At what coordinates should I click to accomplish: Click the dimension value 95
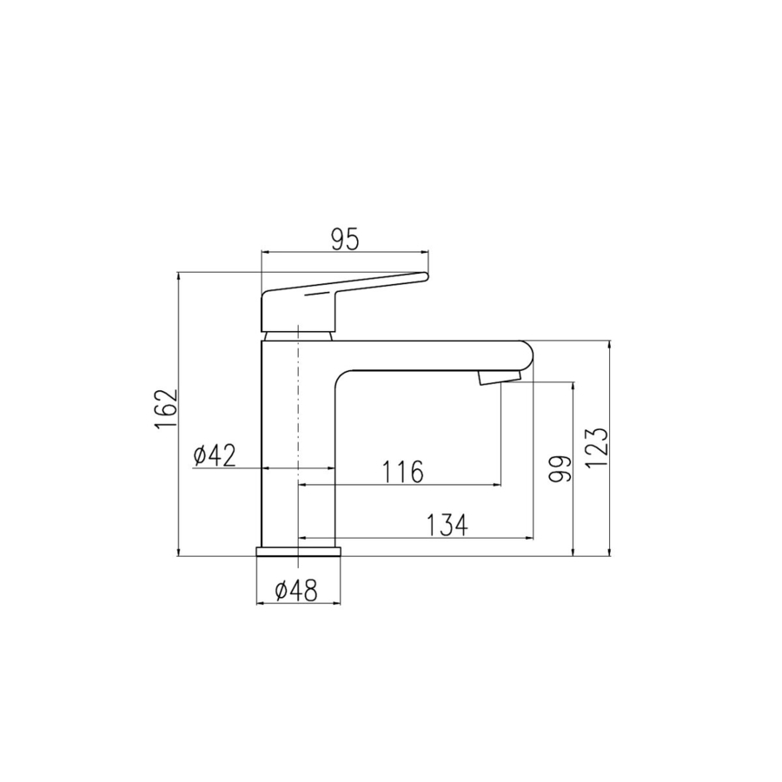coord(345,241)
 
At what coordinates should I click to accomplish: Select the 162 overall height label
coord(166,408)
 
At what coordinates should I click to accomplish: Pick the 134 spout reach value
coord(447,525)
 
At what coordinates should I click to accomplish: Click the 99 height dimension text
coord(559,468)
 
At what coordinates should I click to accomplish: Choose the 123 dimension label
coord(596,447)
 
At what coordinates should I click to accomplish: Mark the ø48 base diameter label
coord(295,591)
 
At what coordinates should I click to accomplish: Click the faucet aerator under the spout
coord(499,377)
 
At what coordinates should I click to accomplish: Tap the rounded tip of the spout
coord(532,355)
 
